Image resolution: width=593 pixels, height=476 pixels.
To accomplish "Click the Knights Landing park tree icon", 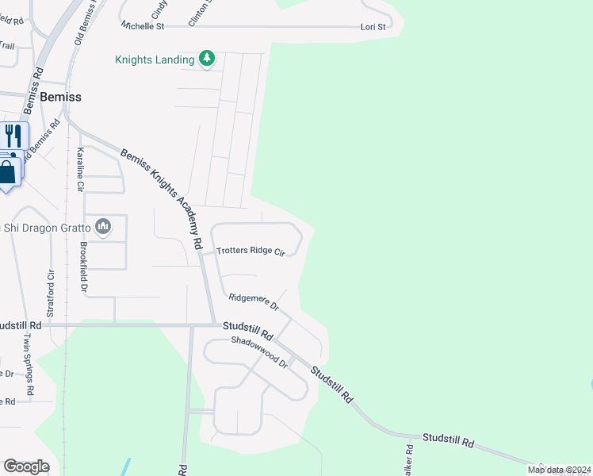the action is (x=207, y=59).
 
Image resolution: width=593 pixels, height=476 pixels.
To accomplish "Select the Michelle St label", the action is (x=143, y=26).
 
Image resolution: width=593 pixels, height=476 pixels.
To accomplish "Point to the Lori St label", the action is (x=372, y=27).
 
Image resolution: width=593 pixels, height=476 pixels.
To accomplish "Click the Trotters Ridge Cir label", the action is (x=250, y=251).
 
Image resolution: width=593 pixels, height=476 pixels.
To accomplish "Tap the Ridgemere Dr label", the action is (x=254, y=301).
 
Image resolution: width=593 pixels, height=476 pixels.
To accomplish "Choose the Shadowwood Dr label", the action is (x=259, y=351).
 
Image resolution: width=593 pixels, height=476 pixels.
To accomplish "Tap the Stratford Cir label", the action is (x=50, y=294).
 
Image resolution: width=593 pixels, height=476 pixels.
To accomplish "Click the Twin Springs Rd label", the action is (x=29, y=364).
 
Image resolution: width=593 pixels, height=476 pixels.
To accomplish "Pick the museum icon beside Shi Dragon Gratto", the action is (x=103, y=228).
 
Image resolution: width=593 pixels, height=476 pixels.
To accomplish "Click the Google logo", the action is (x=26, y=466).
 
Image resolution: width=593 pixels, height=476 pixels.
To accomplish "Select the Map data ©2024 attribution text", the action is (x=558, y=470).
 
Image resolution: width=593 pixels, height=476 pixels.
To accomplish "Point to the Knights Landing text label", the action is (x=155, y=59).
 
